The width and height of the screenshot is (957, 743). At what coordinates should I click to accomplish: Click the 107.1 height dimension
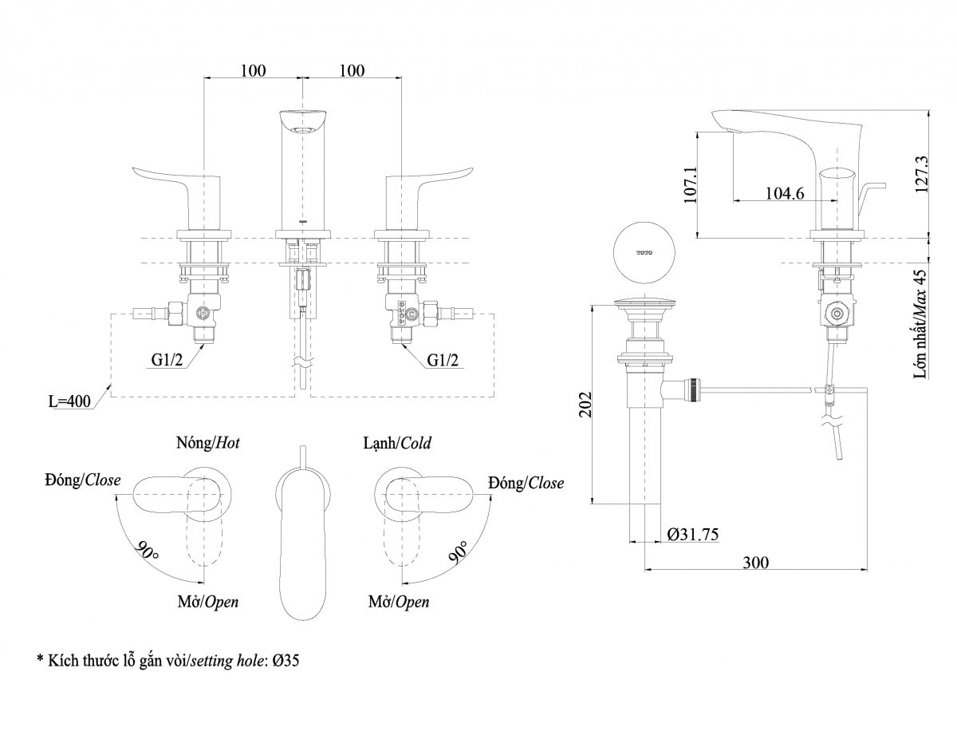coord(690,184)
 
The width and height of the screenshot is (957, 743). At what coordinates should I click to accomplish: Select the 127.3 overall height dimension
coord(921,174)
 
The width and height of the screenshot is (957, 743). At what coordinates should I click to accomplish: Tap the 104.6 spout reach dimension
coord(785,193)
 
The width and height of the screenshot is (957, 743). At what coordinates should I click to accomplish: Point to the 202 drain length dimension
coord(585,404)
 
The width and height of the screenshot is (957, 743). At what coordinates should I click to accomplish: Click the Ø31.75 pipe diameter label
coord(693,535)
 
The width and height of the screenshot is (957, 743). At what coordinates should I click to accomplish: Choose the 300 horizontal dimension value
coord(756,563)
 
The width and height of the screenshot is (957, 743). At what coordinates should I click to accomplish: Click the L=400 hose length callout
coord(69,401)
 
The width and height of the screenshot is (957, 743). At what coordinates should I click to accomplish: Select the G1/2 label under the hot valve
coord(167,360)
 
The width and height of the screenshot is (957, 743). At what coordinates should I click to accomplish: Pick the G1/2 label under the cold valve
coord(443,360)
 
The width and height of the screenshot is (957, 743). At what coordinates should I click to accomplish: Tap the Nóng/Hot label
coord(208,442)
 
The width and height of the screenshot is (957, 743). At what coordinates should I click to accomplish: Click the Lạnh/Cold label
coord(397,443)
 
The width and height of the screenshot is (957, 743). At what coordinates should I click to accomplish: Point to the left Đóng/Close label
coord(82,480)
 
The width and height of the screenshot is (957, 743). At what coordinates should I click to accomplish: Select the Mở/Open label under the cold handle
coord(399,603)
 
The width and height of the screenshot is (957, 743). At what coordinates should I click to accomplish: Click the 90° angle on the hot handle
coord(147,551)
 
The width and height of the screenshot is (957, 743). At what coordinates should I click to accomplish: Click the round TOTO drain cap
coord(644,252)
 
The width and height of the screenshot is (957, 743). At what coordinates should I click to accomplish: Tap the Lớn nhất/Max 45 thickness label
coord(921,324)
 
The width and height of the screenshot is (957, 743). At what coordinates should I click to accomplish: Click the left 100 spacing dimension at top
coord(254,70)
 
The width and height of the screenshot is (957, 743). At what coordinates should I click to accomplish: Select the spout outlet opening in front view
coord(302,130)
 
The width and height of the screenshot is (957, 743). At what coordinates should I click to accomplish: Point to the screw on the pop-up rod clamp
coord(830,389)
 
